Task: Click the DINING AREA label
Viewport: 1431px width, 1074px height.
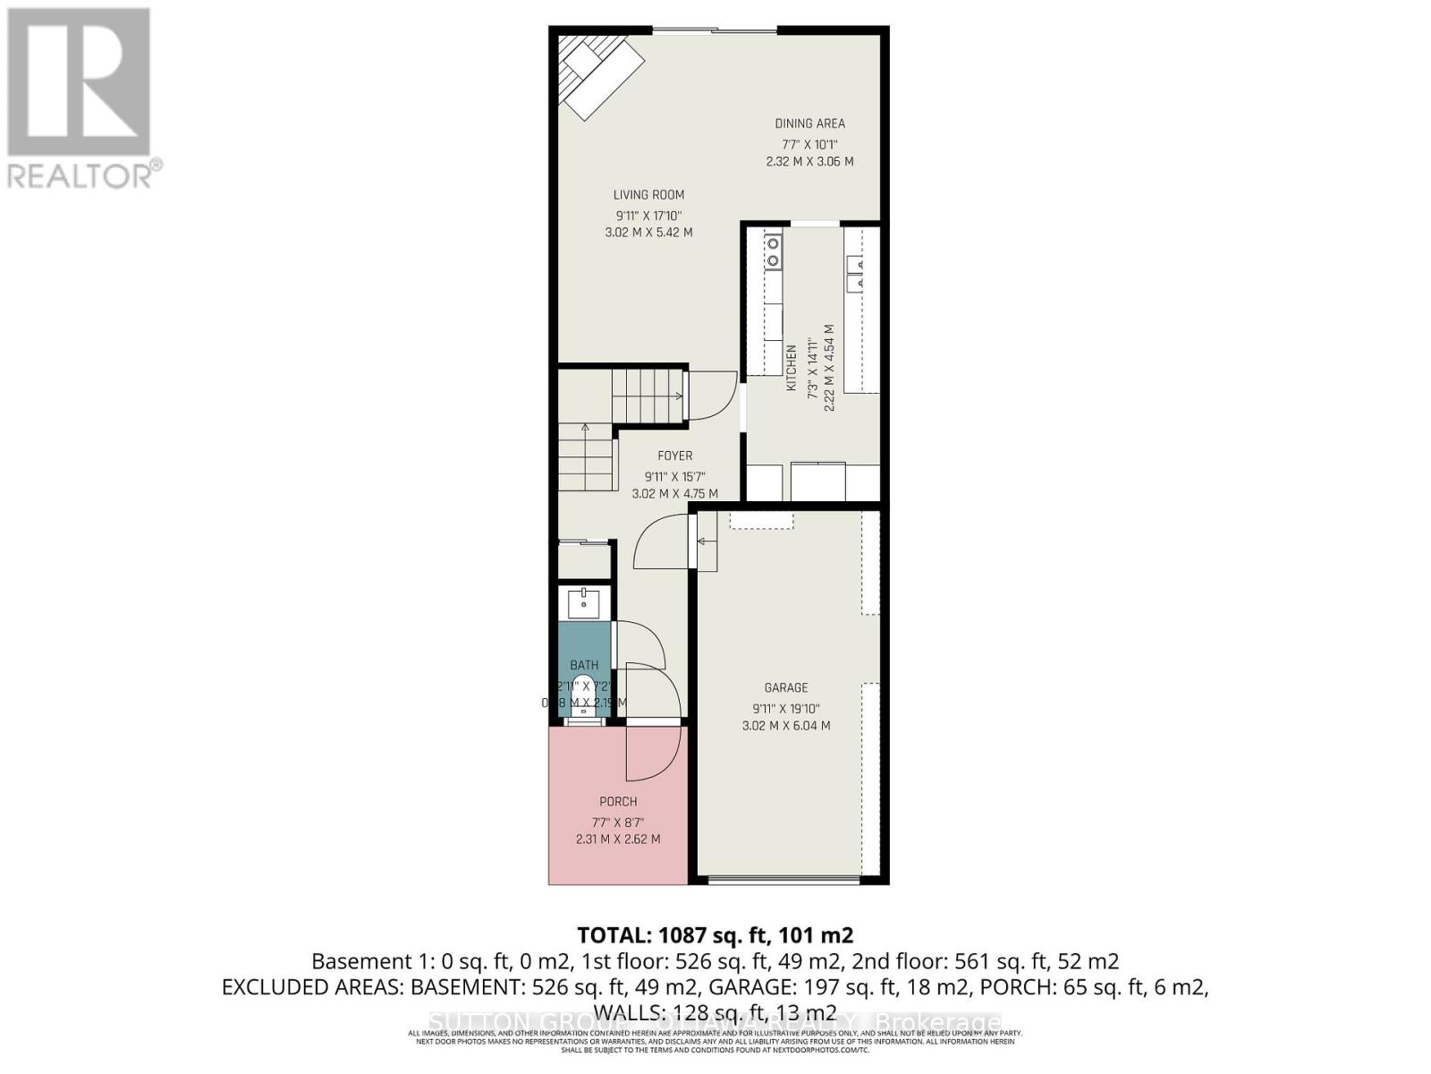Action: (x=809, y=124)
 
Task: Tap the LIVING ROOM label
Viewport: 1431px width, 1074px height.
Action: (x=648, y=195)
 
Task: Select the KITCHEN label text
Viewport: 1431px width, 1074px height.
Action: (x=791, y=367)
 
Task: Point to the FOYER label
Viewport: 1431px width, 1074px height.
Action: (x=674, y=456)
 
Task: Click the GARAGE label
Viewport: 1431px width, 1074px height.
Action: (x=785, y=687)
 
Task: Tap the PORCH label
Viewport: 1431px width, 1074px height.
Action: (x=618, y=801)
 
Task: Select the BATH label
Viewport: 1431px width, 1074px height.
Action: (x=584, y=665)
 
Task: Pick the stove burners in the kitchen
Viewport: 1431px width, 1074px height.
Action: (x=773, y=251)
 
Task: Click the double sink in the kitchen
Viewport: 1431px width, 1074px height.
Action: (x=855, y=273)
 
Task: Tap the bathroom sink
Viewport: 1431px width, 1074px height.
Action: (x=584, y=602)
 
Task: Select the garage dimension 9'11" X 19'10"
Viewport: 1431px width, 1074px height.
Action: (x=785, y=708)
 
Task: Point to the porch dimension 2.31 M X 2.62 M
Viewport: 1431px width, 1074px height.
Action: (x=618, y=840)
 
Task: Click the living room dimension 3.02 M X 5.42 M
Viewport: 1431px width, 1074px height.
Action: (x=648, y=233)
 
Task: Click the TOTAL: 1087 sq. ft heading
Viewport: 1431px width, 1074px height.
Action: (x=715, y=935)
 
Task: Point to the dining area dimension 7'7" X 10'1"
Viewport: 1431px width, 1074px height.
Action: (x=809, y=144)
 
